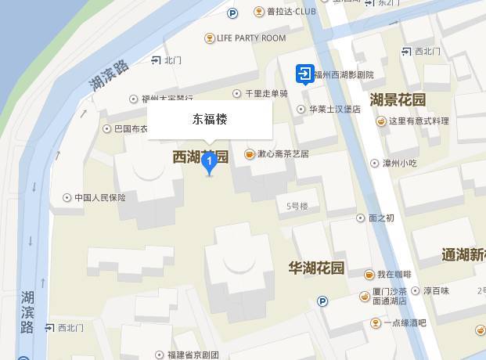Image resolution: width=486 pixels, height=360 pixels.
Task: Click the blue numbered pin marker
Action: [209, 161]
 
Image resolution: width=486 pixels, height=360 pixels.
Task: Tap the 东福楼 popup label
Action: [211, 120]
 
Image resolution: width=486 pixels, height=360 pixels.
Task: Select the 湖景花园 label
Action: [398, 99]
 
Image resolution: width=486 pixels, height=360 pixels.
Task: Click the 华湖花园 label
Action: [316, 268]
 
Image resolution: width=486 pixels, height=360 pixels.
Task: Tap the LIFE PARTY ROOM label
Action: [250, 38]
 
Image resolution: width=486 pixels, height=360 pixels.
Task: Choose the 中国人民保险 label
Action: [99, 197]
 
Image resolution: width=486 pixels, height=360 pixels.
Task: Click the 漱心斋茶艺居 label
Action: [283, 153]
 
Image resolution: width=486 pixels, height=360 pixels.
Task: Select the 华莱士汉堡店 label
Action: [334, 110]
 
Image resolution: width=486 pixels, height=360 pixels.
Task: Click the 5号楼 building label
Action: [297, 206]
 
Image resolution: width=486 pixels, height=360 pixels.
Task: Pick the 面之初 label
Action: [381, 218]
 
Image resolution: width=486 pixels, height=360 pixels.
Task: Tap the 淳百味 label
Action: [436, 290]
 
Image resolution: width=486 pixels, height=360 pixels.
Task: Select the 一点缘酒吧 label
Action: [405, 322]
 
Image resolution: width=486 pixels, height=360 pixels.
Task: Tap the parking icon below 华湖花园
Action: [322, 301]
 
